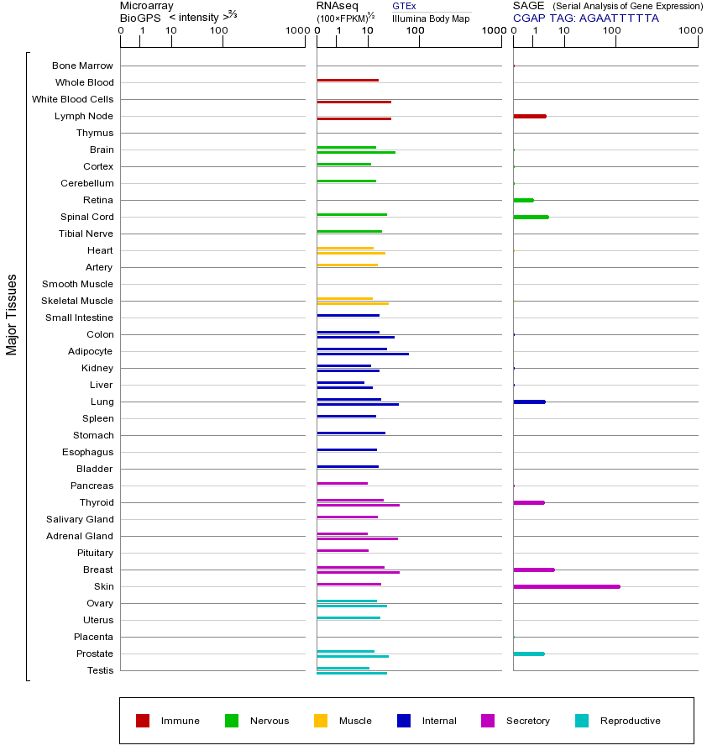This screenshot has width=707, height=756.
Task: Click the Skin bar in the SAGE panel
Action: point(567,586)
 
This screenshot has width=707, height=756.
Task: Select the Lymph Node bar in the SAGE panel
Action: point(530,116)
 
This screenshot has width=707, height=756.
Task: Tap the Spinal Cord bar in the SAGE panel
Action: point(531,217)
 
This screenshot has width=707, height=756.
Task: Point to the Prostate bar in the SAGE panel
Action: point(529,654)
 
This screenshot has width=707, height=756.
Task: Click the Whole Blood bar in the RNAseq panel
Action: point(348,80)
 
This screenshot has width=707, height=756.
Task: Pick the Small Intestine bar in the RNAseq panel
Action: point(348,315)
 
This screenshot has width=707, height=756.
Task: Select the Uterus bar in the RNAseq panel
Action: point(348,617)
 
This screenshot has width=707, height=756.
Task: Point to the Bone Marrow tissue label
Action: point(82,66)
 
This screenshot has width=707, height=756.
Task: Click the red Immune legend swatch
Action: point(143,721)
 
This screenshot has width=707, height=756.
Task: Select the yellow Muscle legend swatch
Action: point(321,721)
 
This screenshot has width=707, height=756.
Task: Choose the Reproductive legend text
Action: point(630,721)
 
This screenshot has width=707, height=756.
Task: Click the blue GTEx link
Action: point(404,7)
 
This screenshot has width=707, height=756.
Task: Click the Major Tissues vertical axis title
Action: point(12,314)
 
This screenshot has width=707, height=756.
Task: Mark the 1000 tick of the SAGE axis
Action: point(691,31)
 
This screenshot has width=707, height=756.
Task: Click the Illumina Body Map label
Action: point(431,18)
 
